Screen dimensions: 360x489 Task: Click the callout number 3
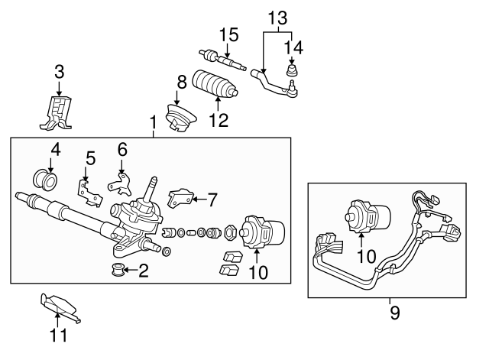59,72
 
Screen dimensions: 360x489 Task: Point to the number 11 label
58,334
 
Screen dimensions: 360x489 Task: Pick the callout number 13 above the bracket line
278,17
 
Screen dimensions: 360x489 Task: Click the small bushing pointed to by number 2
117,270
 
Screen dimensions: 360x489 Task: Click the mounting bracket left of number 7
180,198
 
